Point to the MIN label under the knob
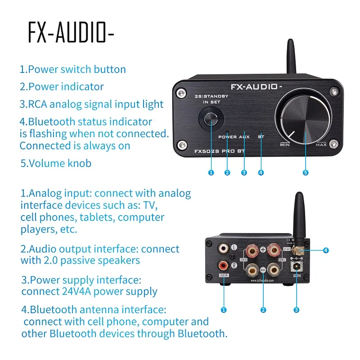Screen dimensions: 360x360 point(284,144)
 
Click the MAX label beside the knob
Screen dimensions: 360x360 point(321,144)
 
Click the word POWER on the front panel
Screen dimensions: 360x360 point(227,137)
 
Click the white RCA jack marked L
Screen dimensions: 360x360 point(224,248)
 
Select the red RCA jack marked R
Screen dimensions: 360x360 point(224,265)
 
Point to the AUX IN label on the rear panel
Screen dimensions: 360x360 point(225,275)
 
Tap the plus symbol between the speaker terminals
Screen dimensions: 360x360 point(263,249)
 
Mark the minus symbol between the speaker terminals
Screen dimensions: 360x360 point(263,270)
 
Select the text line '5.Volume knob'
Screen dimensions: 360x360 point(56,163)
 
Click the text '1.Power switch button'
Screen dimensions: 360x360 point(72,69)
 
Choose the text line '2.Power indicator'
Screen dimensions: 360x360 point(62,86)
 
